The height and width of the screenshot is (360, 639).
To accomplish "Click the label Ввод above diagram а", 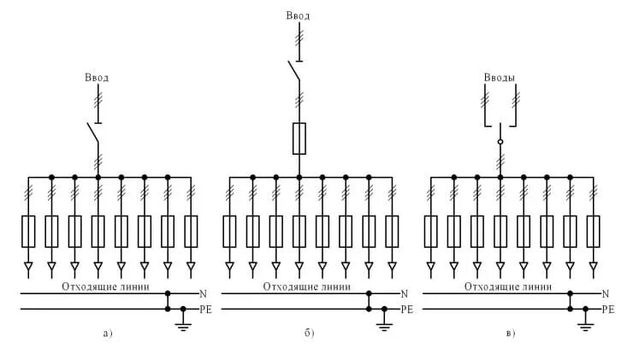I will click(x=98, y=78).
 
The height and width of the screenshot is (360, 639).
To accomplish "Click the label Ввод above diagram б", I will click(x=299, y=15).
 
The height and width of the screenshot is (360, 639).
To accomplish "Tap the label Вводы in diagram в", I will click(x=500, y=78).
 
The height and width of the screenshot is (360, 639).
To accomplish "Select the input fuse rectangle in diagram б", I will click(x=299, y=138).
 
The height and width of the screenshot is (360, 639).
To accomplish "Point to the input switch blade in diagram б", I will click(x=294, y=70).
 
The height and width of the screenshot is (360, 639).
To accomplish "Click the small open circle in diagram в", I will click(x=500, y=141).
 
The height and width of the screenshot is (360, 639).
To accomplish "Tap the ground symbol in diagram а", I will click(x=182, y=323).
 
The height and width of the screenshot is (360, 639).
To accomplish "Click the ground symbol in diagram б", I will click(x=383, y=323).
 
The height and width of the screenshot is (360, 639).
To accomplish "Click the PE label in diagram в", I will click(x=608, y=308).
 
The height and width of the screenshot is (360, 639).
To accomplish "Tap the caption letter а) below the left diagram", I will click(x=107, y=333).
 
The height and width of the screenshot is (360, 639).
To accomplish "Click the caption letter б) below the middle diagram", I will click(x=309, y=333).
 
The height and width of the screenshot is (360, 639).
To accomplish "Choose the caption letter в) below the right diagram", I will click(x=510, y=333).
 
